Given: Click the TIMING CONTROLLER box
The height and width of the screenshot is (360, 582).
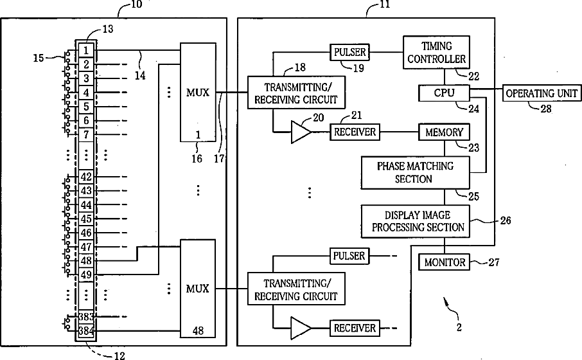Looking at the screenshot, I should pos(435,52).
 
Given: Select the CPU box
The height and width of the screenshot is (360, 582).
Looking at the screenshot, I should pos(444,93).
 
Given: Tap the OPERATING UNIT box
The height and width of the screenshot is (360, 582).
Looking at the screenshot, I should pos(541,93).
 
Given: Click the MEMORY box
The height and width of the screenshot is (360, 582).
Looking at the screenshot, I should pos(444,132).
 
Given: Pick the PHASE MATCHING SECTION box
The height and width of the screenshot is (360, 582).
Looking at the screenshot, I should pos(415,172).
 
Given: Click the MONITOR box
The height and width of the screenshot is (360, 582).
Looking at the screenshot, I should pos(443,262).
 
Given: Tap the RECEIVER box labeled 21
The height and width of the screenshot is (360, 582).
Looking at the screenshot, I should pos(354,132).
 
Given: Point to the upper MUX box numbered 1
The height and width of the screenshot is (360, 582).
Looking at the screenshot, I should pos(197,93).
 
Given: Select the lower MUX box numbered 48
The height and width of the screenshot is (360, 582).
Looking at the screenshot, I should pos(197,288).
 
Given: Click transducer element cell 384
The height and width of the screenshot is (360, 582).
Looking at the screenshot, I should pos(85,330).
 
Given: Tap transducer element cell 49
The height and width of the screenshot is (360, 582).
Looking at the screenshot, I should pos(85,274).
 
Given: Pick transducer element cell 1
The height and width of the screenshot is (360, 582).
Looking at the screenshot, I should pos(85,50).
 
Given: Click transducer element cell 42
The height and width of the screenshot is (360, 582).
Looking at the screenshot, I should pos(85,177).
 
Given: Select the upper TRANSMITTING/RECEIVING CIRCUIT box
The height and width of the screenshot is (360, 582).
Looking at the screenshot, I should pos(296,93).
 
